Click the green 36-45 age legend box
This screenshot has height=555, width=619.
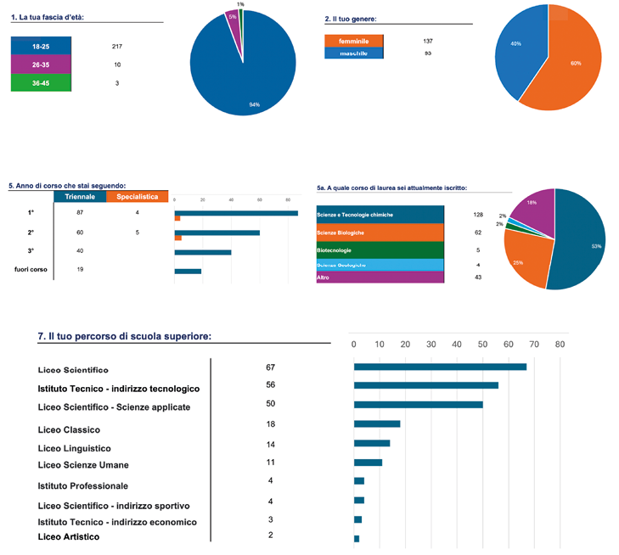pyautogui.click(x=41, y=82)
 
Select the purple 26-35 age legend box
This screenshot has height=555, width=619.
pyautogui.click(x=41, y=64)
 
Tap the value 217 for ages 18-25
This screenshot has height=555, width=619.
pyautogui.click(x=117, y=45)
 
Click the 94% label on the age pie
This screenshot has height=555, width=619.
pyautogui.click(x=254, y=104)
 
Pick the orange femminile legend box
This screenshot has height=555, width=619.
pyautogui.click(x=353, y=41)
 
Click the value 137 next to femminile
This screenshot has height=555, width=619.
pyautogui.click(x=428, y=41)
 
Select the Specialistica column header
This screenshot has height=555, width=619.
pyautogui.click(x=137, y=196)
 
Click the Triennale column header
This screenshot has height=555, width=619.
pyautogui.click(x=80, y=196)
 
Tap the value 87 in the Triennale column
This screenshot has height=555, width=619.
pyautogui.click(x=80, y=212)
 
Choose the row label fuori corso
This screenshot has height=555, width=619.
pyautogui.click(x=31, y=269)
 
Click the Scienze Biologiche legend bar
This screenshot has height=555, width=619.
pyautogui.click(x=380, y=233)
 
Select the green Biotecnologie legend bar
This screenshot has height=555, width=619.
pyautogui.click(x=380, y=250)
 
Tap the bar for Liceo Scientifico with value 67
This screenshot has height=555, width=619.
pyautogui.click(x=440, y=367)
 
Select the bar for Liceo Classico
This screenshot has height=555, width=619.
pyautogui.click(x=376, y=423)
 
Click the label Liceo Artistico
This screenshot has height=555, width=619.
pyautogui.click(x=69, y=537)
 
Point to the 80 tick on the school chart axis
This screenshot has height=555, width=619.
pyautogui.click(x=560, y=345)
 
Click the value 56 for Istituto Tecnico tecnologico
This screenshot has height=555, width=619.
pyautogui.click(x=271, y=384)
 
